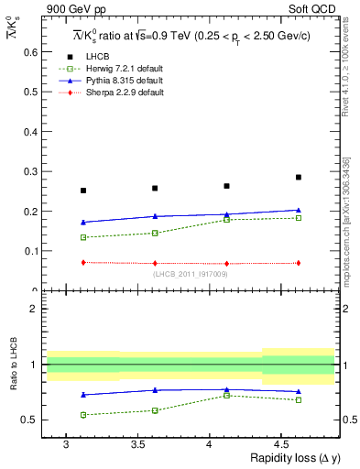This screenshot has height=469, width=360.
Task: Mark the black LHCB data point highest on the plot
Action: [x=299, y=177]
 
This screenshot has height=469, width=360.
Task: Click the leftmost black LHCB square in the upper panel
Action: [x=83, y=191]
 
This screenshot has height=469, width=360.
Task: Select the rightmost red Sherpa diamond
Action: [x=299, y=263]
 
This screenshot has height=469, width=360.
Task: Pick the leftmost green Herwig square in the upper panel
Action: [x=83, y=237]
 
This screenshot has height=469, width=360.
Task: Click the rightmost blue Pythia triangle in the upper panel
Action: [x=299, y=210]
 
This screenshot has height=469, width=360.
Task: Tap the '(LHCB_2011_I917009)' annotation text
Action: [x=191, y=274]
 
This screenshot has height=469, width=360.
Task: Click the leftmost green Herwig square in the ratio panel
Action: [x=83, y=415]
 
